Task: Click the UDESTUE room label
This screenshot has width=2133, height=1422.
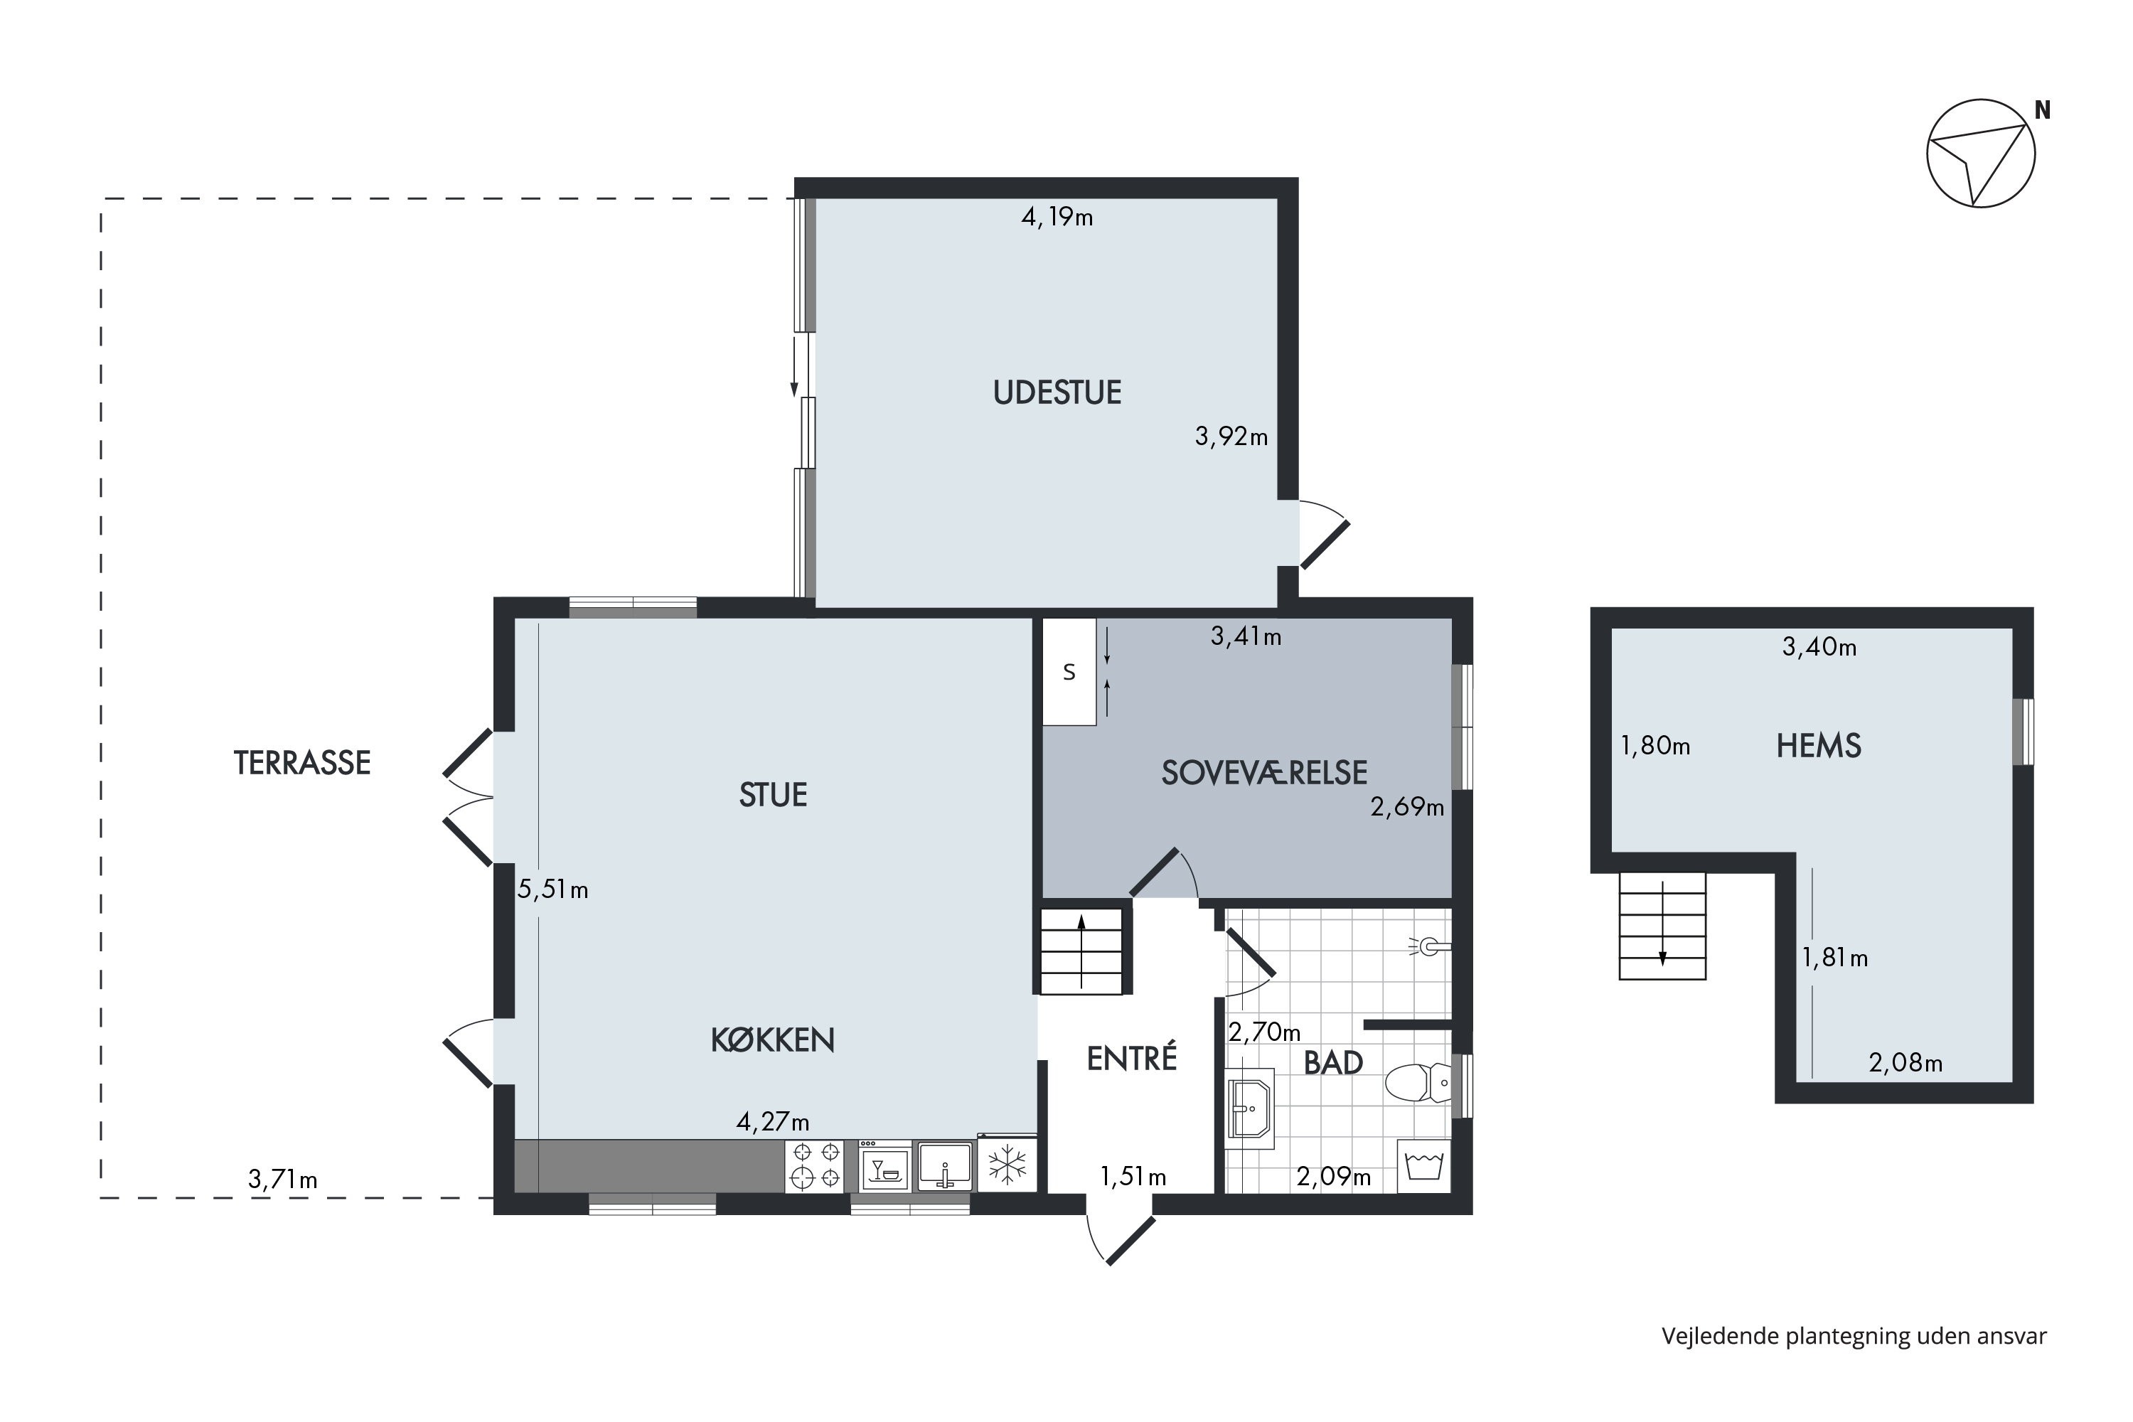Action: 1057,392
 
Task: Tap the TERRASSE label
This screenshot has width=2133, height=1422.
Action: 302,763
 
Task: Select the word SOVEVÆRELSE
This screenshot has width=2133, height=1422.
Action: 1264,773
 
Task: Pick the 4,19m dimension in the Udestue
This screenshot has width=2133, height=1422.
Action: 1057,217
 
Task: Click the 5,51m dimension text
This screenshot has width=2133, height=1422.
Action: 553,889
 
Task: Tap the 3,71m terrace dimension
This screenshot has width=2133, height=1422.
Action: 283,1180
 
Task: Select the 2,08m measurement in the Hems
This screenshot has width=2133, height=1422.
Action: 1905,1063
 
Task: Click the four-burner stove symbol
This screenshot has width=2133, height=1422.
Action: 814,1166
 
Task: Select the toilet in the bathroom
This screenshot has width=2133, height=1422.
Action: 1418,1082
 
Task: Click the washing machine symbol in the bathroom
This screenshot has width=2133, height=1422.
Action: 1424,1165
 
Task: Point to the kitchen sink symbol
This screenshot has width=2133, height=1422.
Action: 944,1165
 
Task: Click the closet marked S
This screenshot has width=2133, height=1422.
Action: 1069,672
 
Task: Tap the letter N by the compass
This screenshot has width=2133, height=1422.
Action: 2042,111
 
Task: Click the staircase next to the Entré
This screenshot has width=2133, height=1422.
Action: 1081,951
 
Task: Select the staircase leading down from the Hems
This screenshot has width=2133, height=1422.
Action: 1662,926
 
